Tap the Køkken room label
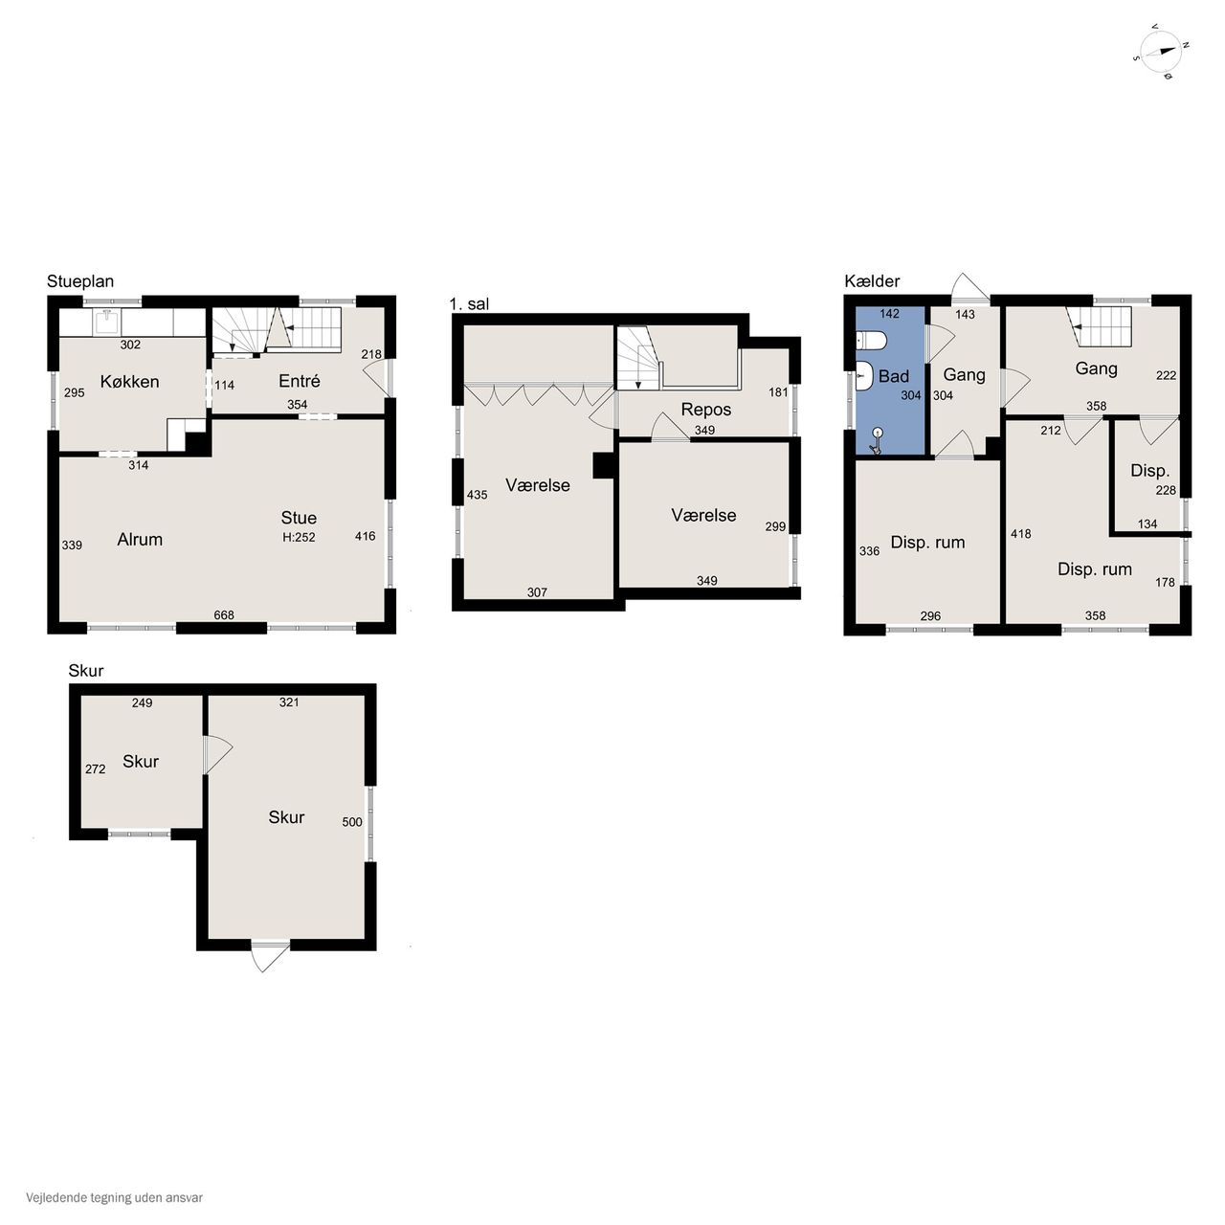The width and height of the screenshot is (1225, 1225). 130,382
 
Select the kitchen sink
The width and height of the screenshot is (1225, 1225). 107,323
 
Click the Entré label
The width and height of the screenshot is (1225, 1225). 299,381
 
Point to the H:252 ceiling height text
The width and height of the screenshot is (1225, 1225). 299,537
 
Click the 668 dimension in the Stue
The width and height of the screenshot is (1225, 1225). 224,614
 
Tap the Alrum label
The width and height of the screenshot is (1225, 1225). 140,540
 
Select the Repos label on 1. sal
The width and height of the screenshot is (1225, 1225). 705,410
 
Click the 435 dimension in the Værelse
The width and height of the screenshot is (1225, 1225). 477,495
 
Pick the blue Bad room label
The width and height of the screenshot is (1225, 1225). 893,376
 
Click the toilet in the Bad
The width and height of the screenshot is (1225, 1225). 871,342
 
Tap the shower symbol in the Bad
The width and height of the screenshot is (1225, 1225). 878,440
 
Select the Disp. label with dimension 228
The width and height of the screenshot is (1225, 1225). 1150,471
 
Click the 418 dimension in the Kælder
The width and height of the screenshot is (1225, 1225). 1020,534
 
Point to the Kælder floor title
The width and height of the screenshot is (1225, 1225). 872,281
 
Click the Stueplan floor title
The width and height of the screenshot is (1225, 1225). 80,281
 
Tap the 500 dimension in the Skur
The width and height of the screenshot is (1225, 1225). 351,822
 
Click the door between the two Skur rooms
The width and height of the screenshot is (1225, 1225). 217,754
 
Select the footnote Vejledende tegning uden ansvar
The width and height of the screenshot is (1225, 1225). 115,1197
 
